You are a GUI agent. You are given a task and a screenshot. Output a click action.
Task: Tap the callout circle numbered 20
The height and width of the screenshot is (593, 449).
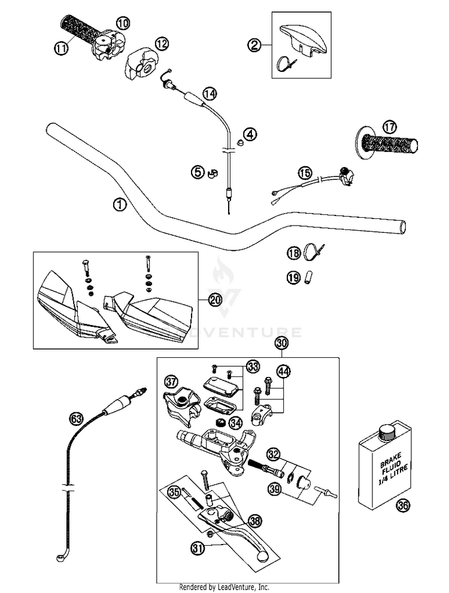214,300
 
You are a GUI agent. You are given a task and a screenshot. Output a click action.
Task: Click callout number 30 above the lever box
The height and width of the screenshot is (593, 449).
281,343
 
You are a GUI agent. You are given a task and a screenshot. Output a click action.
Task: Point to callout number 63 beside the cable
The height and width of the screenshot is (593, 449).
76,418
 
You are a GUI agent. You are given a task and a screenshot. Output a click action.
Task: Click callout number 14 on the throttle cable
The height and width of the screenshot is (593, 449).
209,93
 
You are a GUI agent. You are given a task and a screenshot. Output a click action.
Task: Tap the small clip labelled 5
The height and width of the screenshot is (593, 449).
212,174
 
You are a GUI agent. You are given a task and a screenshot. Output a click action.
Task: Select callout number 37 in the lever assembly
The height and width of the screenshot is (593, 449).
172,382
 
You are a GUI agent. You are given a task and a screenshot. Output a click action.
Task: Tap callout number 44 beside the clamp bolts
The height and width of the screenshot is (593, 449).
283,372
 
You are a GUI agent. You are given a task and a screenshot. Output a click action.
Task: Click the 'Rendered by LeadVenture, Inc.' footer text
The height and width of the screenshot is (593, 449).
224,587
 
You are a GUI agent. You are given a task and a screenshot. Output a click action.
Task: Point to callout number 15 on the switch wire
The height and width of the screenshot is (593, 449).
305,173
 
